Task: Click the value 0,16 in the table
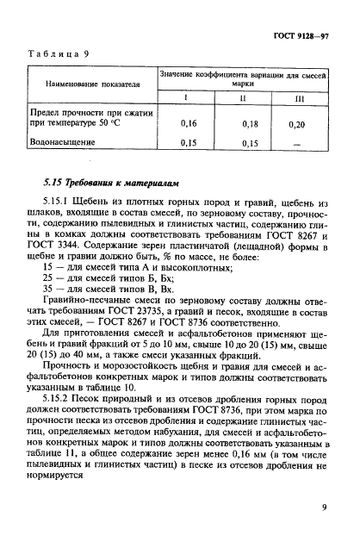point(189,124)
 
